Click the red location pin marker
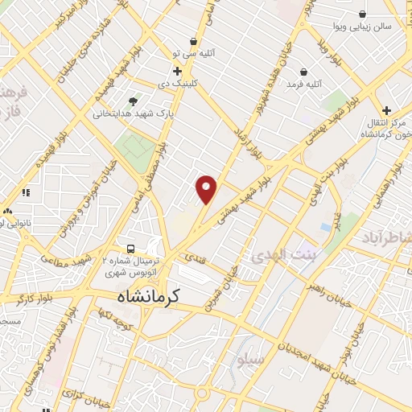click(x=207, y=189)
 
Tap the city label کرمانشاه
click(x=145, y=296)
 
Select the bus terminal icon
click(x=131, y=248)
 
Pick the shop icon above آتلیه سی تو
click(x=193, y=41)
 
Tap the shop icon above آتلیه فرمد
click(x=303, y=71)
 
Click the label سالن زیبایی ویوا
click(x=364, y=27)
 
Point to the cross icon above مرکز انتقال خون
click(x=387, y=110)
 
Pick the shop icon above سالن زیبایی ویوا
click(x=363, y=14)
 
